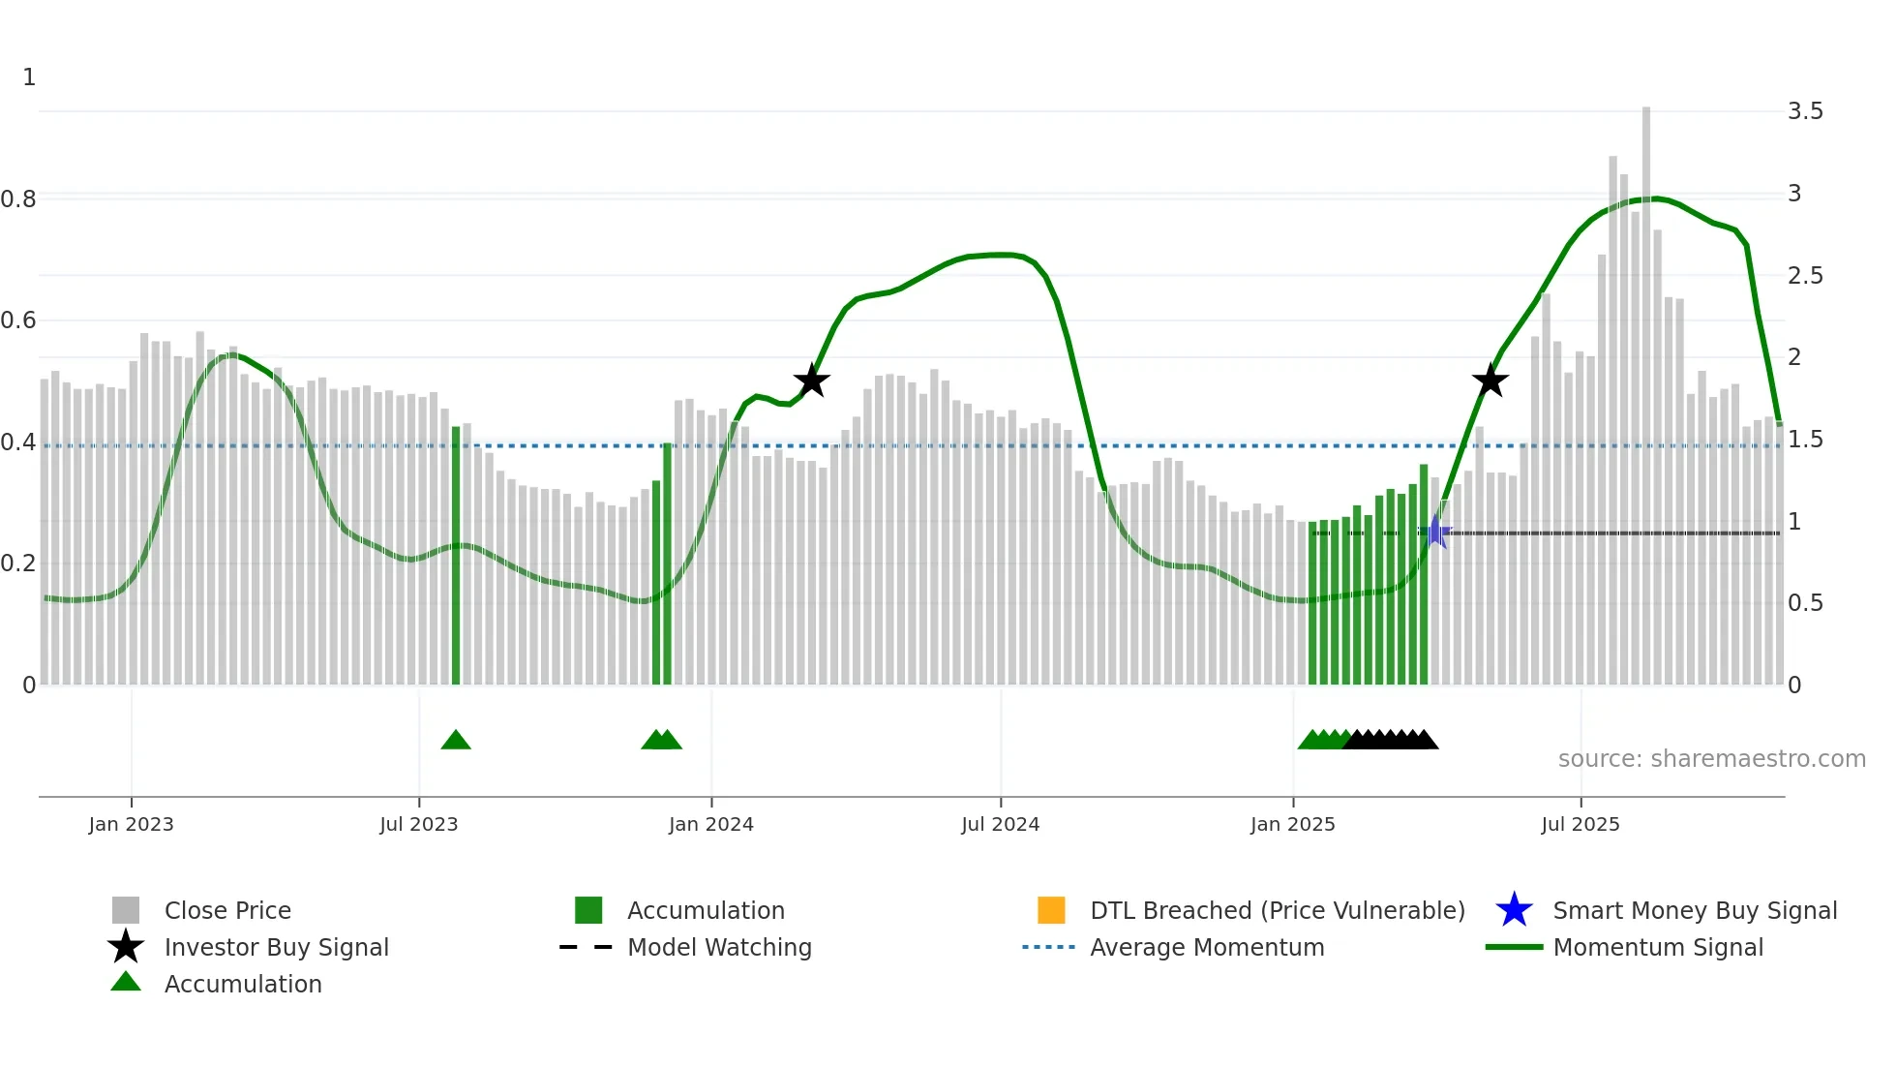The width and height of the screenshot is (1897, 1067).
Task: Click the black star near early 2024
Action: coord(811,381)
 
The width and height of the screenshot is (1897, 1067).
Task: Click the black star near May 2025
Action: coord(1490,381)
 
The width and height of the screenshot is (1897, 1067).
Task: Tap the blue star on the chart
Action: coord(1436,532)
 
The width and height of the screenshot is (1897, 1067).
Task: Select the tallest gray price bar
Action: coord(1645,387)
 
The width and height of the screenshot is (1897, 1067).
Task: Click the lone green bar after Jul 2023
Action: coord(456,556)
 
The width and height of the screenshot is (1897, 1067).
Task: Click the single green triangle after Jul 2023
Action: coord(456,741)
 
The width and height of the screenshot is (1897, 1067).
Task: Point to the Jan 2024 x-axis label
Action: coord(710,825)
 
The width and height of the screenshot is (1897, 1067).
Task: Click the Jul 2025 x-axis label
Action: coord(1580,825)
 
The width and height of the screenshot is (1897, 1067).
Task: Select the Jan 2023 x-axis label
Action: coord(131,825)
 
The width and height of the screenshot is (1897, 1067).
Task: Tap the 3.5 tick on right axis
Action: coord(1805,111)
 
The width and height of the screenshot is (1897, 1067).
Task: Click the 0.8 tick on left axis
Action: coord(18,199)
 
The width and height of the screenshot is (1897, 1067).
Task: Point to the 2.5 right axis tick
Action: coord(1805,276)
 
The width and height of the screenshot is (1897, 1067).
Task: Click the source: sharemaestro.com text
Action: coord(1711,759)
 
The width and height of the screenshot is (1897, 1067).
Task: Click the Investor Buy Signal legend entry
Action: coord(276,948)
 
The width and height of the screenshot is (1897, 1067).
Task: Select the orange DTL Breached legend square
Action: coord(1051,910)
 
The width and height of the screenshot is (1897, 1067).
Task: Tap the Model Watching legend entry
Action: coord(718,948)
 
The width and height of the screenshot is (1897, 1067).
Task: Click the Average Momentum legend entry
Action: coord(1206,948)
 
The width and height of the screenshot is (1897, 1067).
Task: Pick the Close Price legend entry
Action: coord(226,911)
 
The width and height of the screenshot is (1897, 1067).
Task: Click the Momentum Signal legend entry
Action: coord(1657,948)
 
